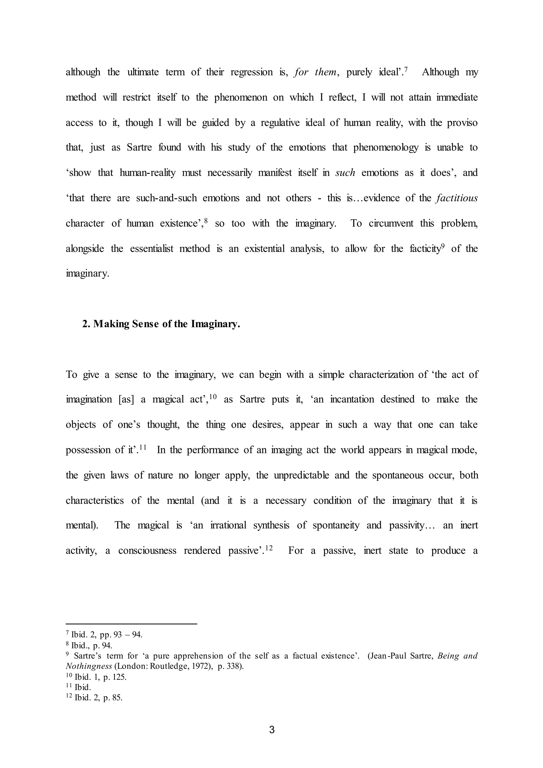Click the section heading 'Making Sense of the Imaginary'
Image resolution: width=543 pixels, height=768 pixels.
(x=161, y=324)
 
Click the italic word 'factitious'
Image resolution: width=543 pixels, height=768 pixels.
(x=457, y=198)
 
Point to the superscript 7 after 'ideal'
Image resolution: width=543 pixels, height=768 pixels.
(x=406, y=69)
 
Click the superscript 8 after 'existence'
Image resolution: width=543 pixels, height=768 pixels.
(x=206, y=220)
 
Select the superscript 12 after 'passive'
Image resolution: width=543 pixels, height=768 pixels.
(x=269, y=548)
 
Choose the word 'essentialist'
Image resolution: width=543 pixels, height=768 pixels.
(x=152, y=248)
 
